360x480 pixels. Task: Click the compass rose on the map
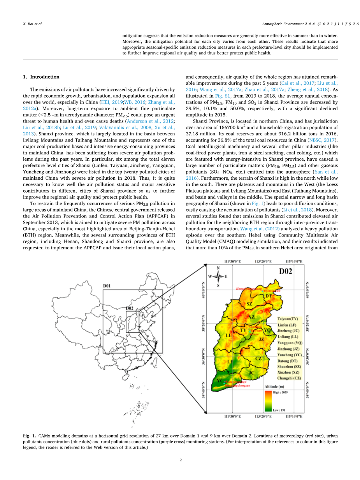click(x=218, y=277)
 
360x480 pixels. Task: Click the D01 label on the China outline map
click(x=107, y=286)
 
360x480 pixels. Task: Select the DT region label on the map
click(x=269, y=296)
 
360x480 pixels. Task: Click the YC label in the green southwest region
click(x=220, y=381)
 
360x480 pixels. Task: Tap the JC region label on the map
click(x=251, y=373)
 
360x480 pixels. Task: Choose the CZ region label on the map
click(x=258, y=358)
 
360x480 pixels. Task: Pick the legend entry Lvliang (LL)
click(x=288, y=336)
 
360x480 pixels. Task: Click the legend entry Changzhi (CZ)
click(x=289, y=378)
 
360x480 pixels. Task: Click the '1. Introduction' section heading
click(x=41, y=77)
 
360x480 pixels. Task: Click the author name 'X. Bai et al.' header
click(x=32, y=24)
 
